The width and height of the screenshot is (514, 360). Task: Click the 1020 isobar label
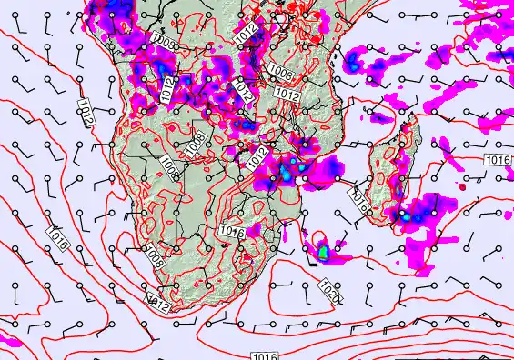pyautogui.click(x=331, y=292)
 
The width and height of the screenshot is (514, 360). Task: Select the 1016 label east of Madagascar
pyautogui.click(x=498, y=160)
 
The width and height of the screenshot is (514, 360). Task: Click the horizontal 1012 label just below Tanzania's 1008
pyautogui.click(x=287, y=94)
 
